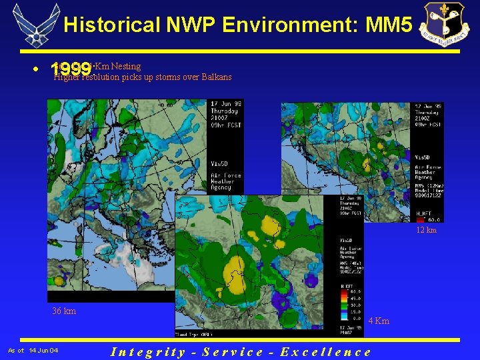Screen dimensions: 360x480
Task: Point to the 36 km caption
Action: coord(64,311)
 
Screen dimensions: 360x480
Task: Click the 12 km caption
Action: coord(426,230)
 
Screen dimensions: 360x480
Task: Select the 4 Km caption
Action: coord(379,321)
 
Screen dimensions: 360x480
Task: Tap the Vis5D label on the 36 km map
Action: coord(219,163)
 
